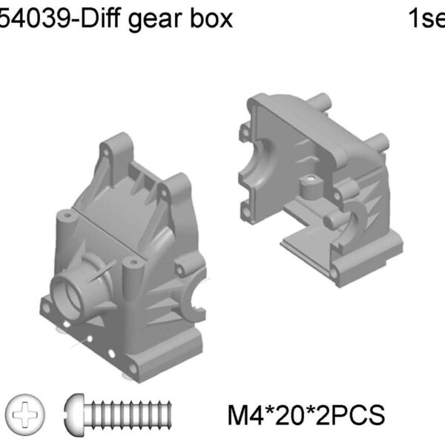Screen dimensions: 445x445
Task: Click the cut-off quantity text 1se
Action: [x=426, y=17]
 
